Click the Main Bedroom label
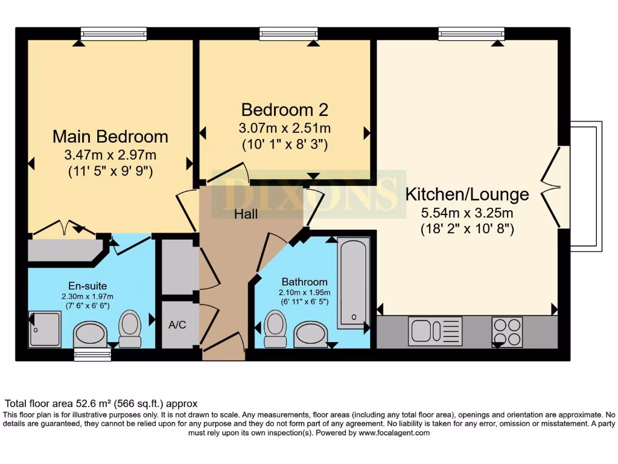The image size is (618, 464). coord(110,137)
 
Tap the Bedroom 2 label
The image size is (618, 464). coord(285,110)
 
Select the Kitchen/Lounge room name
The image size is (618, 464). coord(467,194)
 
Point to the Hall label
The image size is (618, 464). coord(246,214)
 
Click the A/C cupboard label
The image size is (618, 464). coord(177,324)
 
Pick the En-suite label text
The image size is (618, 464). coord(88,286)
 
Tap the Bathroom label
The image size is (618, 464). coord(305,282)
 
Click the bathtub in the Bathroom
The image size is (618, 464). coord(354,283)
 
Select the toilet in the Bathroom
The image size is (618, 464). coord(275,328)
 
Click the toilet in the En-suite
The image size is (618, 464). coord(130,328)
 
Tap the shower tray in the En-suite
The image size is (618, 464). coord(45,329)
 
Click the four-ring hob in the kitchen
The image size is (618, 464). coord(507,332)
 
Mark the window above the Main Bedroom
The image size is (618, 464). coord(114,34)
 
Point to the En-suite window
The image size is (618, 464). coord(92,355)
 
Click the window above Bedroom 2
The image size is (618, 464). coord(288,34)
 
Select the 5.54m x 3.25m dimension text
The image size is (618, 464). coord(467,213)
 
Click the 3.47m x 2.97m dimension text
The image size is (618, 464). coord(110,155)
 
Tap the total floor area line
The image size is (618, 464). coord(101,404)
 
